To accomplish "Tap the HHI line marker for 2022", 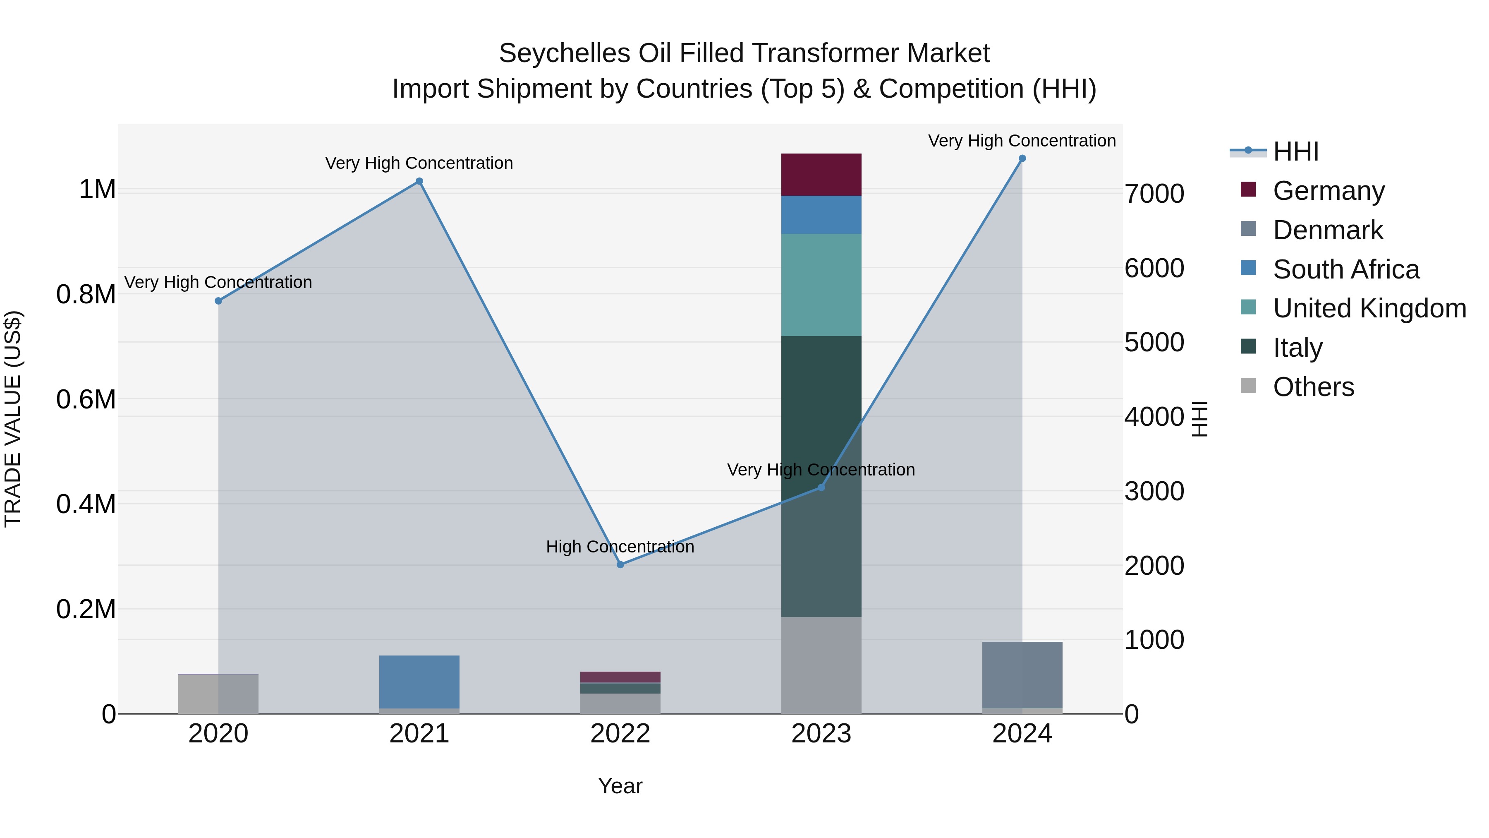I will click(x=620, y=564).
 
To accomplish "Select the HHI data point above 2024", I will click(x=1022, y=158).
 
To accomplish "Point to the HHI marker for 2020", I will click(x=218, y=301).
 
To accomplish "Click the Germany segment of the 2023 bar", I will click(x=821, y=175).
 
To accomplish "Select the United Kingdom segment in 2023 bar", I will click(x=821, y=285).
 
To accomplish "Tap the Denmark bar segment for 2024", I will click(x=1022, y=675).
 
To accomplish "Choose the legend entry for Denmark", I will click(x=1327, y=230).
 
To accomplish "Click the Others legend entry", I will click(x=1313, y=387).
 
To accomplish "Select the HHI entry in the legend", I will click(x=1295, y=151).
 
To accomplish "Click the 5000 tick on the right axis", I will click(x=1154, y=342).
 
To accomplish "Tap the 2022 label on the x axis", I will click(x=620, y=734).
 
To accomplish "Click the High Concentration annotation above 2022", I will click(x=620, y=547).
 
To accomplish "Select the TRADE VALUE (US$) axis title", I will click(x=13, y=419).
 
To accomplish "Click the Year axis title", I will click(x=620, y=786).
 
